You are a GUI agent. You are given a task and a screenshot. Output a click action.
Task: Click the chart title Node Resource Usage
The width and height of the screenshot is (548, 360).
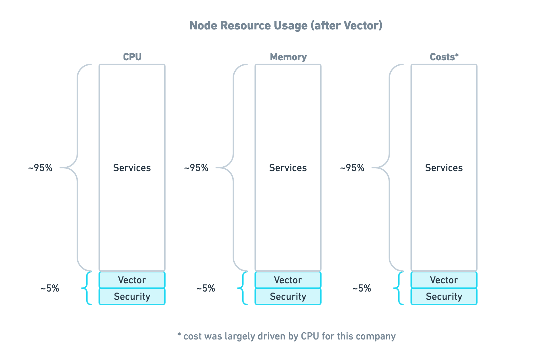(286, 26)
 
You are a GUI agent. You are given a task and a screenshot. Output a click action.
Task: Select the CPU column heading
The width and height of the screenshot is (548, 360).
(132, 57)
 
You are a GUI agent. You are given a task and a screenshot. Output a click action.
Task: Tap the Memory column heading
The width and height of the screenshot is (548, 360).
(288, 57)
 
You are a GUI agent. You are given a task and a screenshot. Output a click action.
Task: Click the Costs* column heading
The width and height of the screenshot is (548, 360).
(444, 57)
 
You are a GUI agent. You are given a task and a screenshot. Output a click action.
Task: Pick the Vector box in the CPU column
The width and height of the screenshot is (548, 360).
(132, 280)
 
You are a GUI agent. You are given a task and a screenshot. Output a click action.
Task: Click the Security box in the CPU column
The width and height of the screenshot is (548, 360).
(132, 296)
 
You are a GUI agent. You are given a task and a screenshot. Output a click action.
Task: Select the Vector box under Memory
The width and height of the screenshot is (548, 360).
(288, 280)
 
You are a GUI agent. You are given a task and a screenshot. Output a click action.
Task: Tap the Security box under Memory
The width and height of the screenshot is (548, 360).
(288, 296)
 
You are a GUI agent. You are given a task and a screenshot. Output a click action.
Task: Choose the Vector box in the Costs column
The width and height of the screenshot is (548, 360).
(444, 280)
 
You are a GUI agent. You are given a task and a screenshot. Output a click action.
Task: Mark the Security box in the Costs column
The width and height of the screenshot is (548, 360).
(444, 296)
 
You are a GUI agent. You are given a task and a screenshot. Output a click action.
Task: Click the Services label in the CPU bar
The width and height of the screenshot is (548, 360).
(132, 168)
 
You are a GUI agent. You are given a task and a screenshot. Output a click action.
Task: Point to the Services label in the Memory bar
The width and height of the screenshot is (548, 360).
(288, 168)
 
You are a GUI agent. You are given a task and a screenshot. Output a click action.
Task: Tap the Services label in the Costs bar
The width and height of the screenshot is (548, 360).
(444, 168)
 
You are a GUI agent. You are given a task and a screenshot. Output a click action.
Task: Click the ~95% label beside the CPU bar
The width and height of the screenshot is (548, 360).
(40, 168)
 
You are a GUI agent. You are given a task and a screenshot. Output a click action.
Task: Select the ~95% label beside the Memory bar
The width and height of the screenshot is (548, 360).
(196, 168)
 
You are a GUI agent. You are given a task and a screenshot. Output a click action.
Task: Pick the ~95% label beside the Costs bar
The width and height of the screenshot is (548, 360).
(352, 168)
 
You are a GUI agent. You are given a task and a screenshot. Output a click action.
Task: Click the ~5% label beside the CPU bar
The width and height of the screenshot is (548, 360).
(50, 288)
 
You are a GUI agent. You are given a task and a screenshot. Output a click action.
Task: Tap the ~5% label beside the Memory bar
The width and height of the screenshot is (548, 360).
(206, 288)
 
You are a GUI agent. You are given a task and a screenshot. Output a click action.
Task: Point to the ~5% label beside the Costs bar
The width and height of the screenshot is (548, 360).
(362, 288)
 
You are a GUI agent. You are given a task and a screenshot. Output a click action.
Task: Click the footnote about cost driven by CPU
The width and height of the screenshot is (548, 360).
(286, 336)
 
